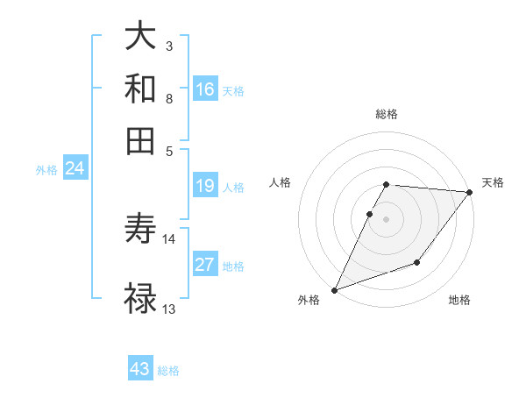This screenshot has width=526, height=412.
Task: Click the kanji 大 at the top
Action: pos(140,38)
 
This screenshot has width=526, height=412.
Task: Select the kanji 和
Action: pos(140,89)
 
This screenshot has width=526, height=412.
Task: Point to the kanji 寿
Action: pos(140,231)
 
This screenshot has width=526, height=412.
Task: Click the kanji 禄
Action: pos(140,298)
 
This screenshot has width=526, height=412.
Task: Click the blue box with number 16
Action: pos(205,89)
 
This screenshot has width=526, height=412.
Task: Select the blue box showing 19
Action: pos(205,186)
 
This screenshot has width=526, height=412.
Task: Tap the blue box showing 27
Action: pos(205,266)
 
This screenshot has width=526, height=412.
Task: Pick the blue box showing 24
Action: pos(75,168)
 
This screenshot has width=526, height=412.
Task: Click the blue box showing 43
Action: pos(140,369)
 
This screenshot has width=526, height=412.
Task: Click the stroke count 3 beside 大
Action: pos(168,45)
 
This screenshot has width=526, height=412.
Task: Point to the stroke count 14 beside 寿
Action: pos(169,238)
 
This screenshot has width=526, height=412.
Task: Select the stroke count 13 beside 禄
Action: pos(169,308)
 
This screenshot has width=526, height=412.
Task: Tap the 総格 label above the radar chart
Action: pos(387,114)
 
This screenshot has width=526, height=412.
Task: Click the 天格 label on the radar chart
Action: pos(493,182)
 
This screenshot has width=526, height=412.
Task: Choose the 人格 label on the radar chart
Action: pos(281,182)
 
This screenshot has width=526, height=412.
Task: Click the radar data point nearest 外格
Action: pos(334,289)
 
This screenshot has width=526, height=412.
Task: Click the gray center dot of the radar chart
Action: pos(387,219)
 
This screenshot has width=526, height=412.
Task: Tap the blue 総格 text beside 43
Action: pos(168,371)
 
